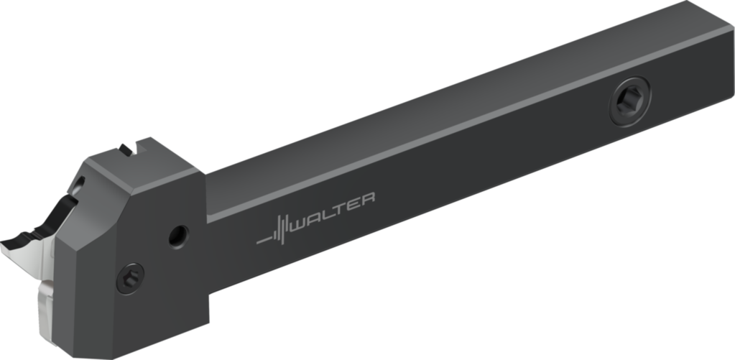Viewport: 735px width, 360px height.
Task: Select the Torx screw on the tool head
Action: point(130,277)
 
